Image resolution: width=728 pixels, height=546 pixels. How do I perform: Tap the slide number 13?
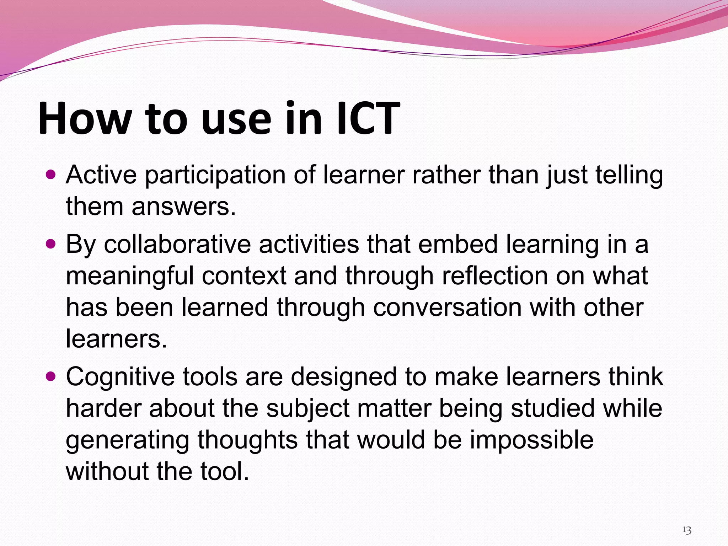[686, 530]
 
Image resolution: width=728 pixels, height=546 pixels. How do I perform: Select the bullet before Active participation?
[51, 175]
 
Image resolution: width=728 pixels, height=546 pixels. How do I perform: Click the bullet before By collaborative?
[51, 244]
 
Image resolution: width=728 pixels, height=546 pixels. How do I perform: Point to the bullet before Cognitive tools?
[51, 376]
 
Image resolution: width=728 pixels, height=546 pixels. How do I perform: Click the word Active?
[101, 175]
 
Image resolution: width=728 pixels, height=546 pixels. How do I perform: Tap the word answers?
[184, 207]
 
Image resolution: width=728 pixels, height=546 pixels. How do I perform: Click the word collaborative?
[177, 245]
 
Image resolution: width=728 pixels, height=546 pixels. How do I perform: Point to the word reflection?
[495, 276]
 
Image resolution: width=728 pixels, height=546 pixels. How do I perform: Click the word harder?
[103, 408]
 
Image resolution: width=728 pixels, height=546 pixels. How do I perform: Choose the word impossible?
[532, 440]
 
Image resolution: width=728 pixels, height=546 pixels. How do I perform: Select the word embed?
[457, 245]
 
